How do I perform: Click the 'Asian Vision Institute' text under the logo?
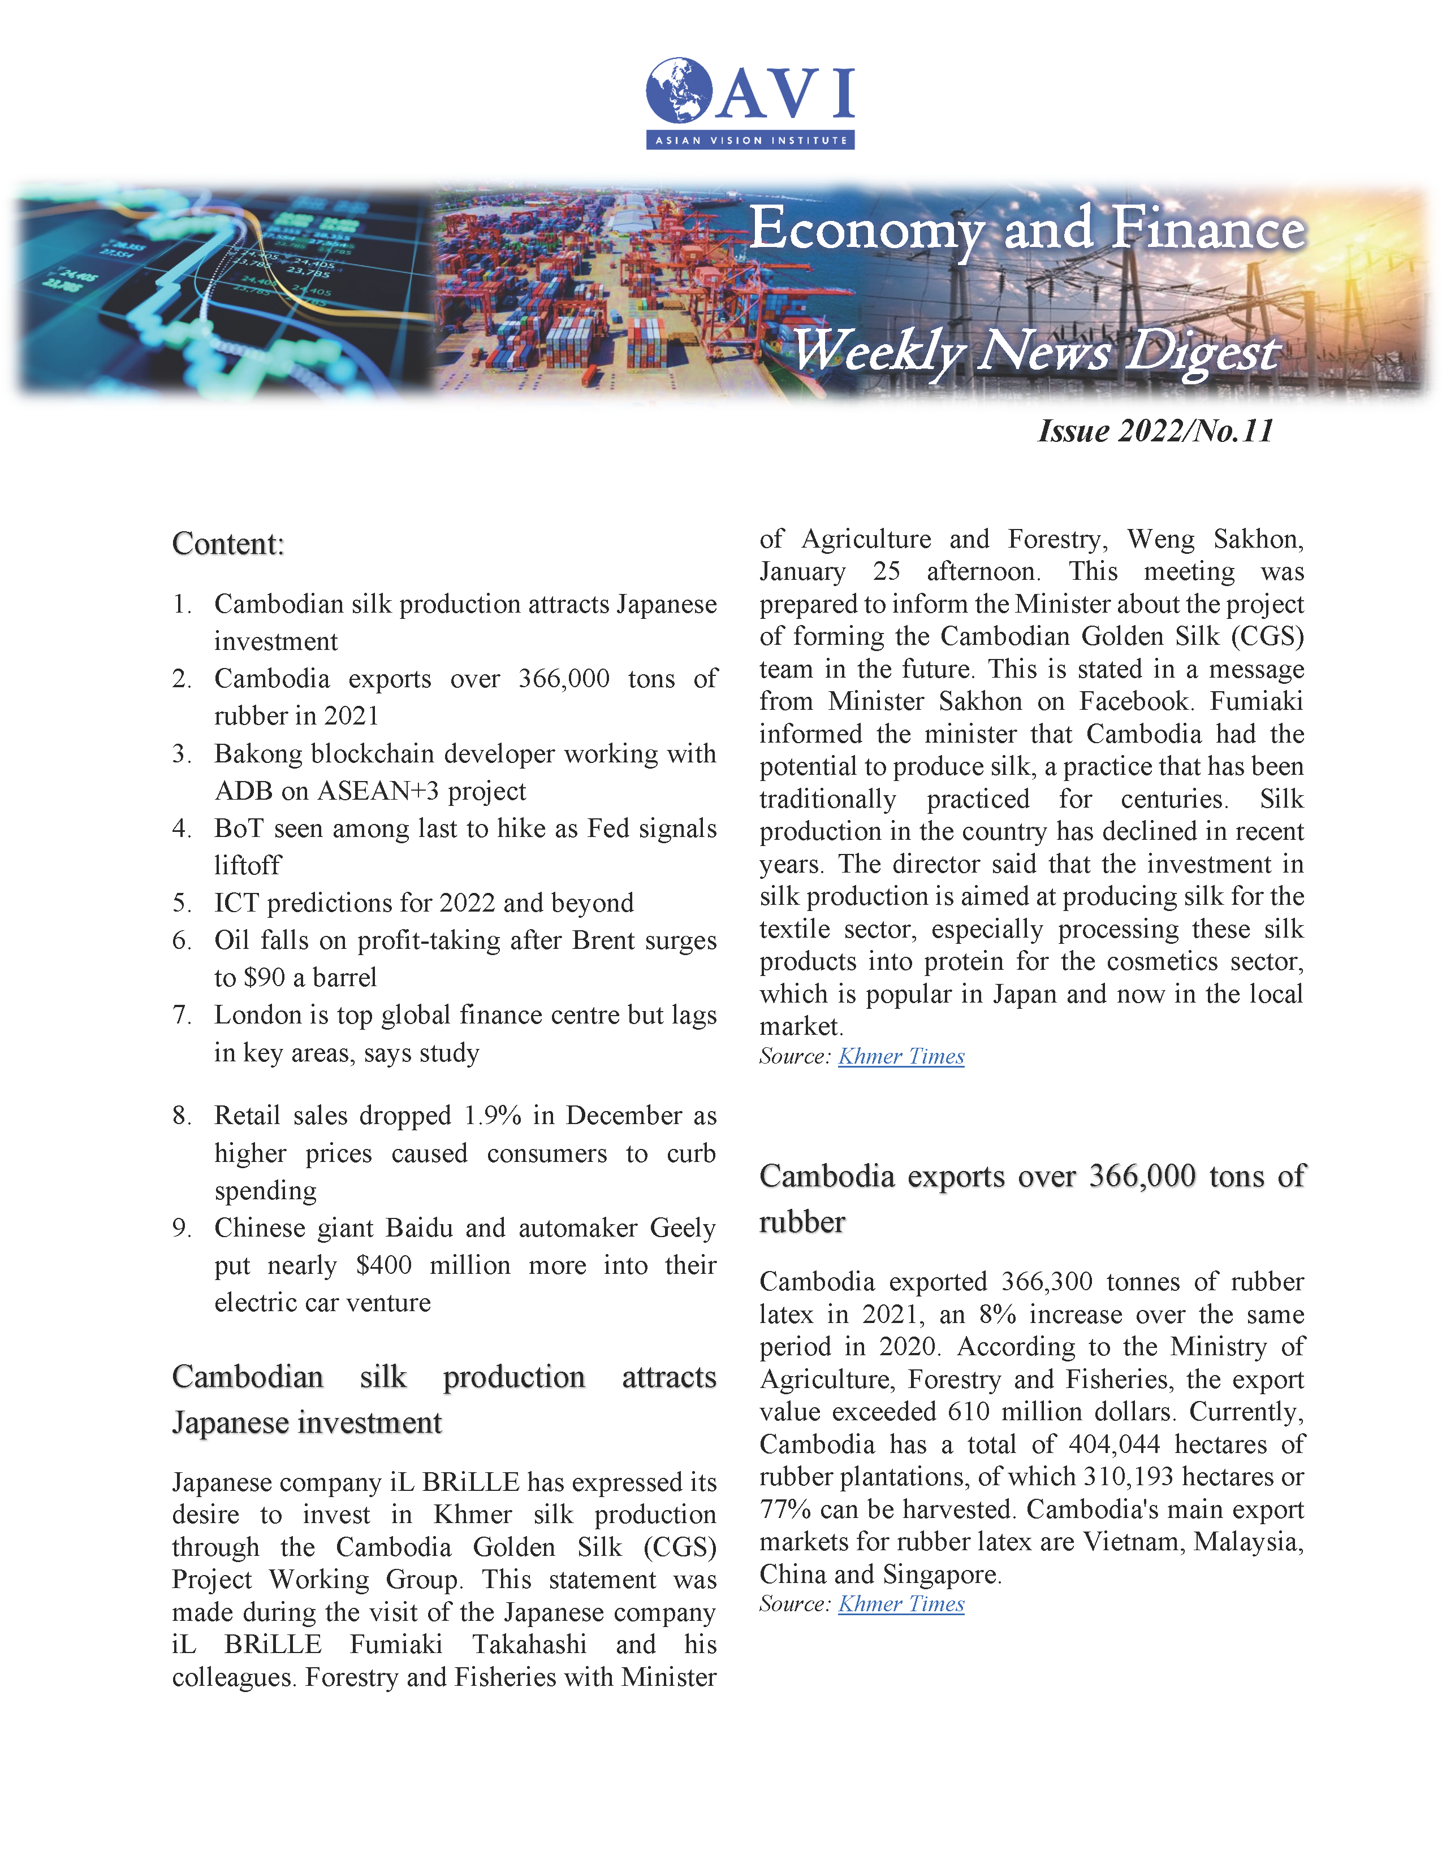coord(750,140)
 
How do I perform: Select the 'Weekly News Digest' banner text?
coord(1035,351)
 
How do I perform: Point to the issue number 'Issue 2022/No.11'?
coord(1155,431)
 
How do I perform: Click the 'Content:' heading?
coord(228,544)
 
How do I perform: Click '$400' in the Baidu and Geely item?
coord(383,1265)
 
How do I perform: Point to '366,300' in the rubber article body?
coord(1047,1282)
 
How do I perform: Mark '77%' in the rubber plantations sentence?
coord(784,1509)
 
